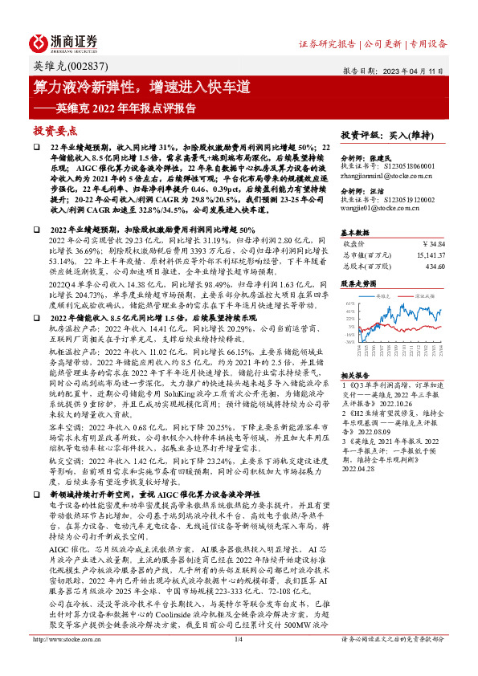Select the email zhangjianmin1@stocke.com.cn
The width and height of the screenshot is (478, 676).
[x=387, y=174]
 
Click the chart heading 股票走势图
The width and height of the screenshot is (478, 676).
[x=358, y=283]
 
